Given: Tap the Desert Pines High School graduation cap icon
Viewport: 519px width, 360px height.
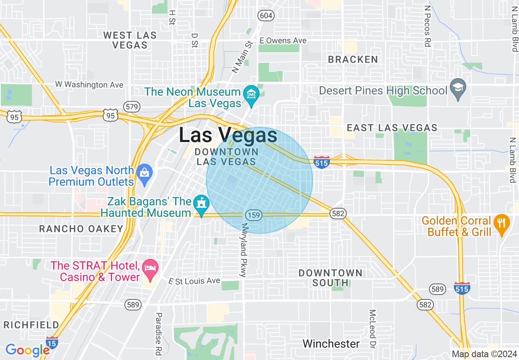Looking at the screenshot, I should (458, 88).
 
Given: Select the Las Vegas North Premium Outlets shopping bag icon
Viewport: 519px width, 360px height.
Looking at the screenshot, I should (144, 173).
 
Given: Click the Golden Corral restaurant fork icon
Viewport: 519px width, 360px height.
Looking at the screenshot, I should (501, 223).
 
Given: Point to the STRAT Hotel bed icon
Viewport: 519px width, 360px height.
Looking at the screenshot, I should (151, 268).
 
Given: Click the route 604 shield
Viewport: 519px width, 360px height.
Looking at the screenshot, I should (266, 16).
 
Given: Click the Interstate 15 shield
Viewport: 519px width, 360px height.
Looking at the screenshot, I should (52, 342).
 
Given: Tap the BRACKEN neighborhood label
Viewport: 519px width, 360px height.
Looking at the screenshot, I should (353, 60).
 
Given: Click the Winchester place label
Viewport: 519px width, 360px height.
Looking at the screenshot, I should (331, 344).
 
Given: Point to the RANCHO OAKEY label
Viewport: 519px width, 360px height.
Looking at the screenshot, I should (81, 229).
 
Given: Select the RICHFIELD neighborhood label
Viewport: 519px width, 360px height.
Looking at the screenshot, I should (32, 325).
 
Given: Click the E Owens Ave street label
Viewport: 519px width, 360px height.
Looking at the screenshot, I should (283, 40).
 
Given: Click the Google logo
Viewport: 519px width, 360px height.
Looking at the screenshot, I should (27, 351).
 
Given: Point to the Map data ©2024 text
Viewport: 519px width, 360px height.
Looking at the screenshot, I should (484, 354).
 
